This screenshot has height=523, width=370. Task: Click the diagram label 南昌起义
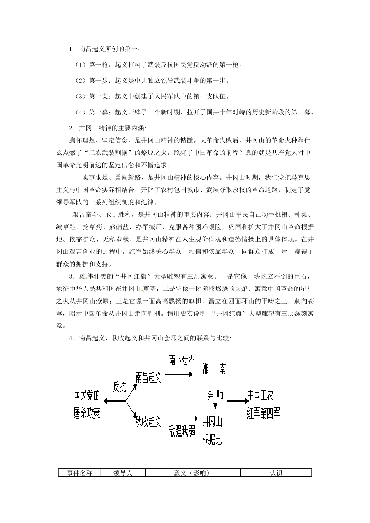click(x=148, y=377)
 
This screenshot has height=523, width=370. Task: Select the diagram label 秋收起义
click(x=148, y=421)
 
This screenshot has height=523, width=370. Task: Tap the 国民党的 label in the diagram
click(x=87, y=396)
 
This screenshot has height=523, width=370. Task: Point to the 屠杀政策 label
click(x=87, y=413)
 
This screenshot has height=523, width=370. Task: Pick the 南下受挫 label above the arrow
click(x=181, y=360)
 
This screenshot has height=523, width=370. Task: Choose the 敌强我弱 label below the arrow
click(x=182, y=431)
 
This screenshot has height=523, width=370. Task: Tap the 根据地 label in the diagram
click(x=212, y=440)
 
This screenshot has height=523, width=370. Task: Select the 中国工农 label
click(x=261, y=395)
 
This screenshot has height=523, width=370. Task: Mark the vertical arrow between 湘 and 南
click(x=215, y=389)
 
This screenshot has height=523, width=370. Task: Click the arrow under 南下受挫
click(x=179, y=374)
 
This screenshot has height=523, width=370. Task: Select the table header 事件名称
click(x=79, y=473)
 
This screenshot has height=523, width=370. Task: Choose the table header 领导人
click(x=123, y=473)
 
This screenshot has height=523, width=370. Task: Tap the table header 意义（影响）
click(x=192, y=473)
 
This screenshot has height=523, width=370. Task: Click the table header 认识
click(x=275, y=473)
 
